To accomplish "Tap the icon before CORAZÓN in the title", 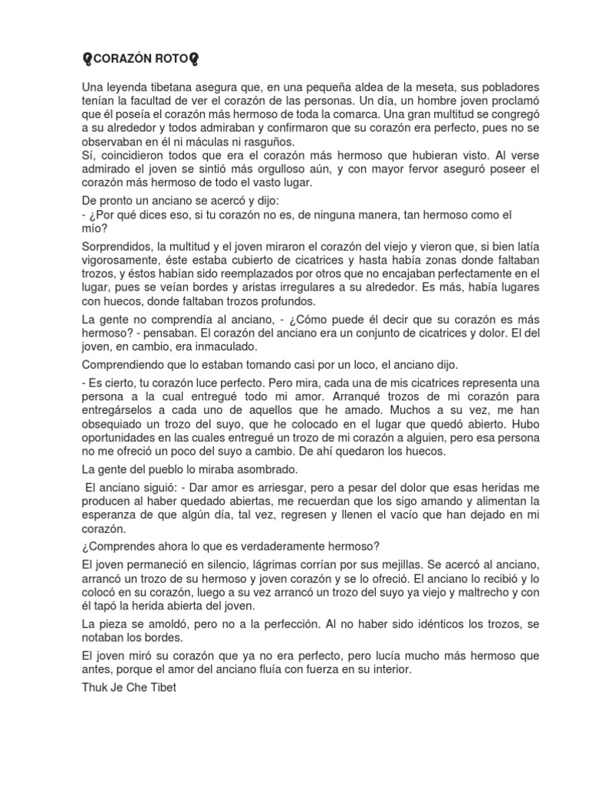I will pos(87,60).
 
